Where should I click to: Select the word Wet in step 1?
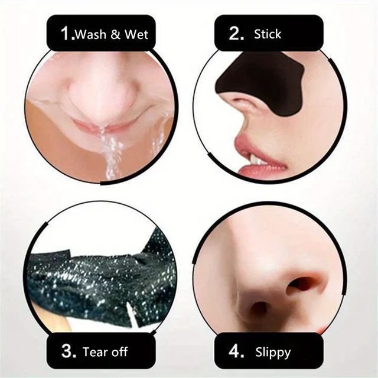136,35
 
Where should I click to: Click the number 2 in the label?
236,34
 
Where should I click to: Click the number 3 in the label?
69,353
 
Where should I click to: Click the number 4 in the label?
237,353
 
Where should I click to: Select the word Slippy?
273,353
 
